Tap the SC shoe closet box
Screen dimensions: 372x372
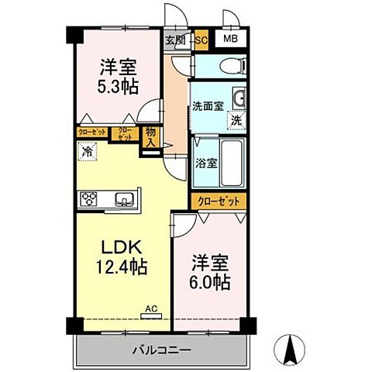click(x=201, y=40)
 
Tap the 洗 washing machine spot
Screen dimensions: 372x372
click(x=236, y=120)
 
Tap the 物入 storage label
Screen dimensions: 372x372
click(x=152, y=137)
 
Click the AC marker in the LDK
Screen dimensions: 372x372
click(x=150, y=309)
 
